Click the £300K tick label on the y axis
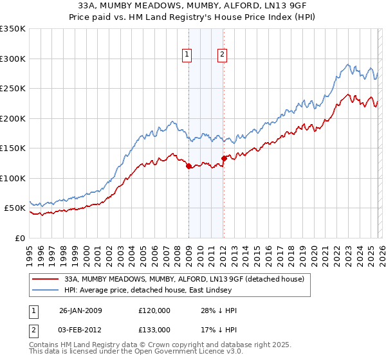tap(12, 59)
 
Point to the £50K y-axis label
tap(14, 208)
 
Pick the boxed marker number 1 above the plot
tap(187, 55)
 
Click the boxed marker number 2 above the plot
tap(222, 55)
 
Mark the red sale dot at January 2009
tap(188, 166)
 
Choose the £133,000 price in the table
tap(155, 330)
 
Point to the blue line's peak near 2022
tap(348, 64)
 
